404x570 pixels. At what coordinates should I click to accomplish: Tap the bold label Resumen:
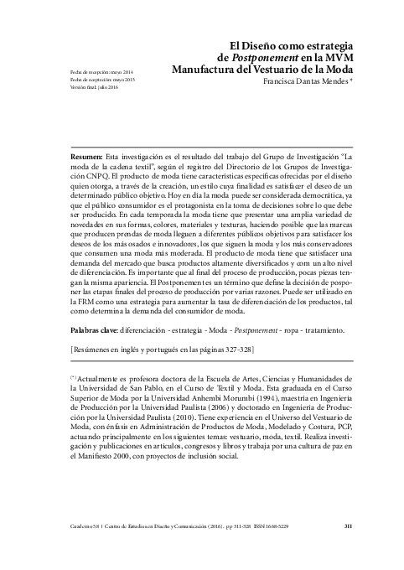tap(111, 157)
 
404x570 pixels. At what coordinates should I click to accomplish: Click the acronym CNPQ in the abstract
tap(115, 177)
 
